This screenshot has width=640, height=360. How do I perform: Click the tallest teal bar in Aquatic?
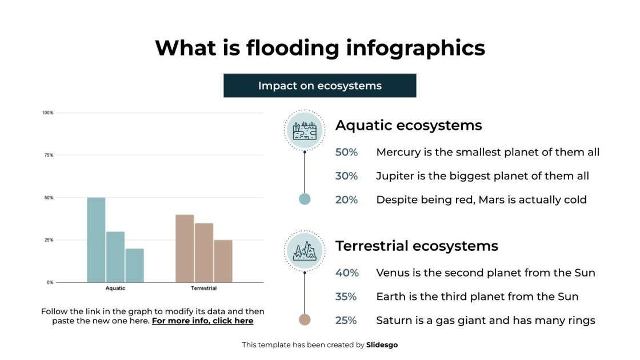96,240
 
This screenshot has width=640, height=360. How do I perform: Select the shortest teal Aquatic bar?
135,265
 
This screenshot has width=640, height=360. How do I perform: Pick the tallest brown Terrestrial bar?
185,249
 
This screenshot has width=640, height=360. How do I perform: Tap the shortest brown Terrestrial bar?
223,261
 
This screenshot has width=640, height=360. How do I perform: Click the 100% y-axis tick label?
47,113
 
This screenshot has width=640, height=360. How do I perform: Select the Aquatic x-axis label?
115,289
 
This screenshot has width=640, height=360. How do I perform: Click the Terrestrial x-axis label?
203,289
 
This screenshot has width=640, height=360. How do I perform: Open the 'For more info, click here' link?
202,321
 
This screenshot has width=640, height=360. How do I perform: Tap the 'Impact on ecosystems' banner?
319,86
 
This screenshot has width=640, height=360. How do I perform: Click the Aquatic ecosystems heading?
409,126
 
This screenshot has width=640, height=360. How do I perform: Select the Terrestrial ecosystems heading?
417,246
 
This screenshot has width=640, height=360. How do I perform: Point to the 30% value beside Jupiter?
346,177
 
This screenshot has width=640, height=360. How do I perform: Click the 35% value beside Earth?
346,297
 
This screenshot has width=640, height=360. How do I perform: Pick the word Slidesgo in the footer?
382,345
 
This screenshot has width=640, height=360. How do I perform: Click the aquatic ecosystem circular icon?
305,130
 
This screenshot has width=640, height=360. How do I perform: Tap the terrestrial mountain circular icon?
305,250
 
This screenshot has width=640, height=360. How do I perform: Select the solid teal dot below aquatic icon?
305,199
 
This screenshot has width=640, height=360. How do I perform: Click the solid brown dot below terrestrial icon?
305,320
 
